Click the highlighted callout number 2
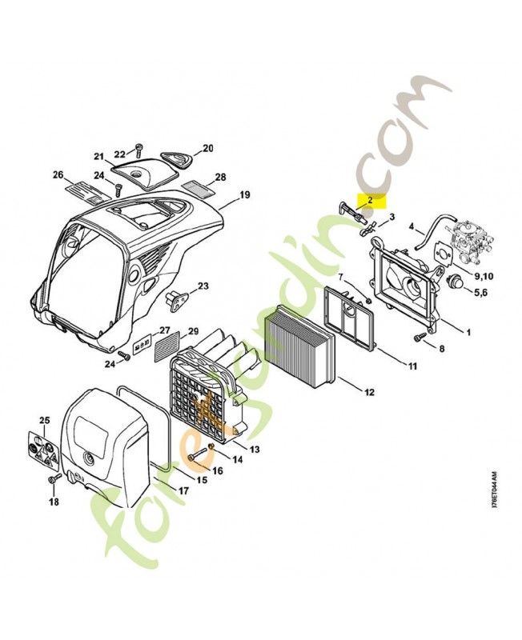pyautogui.click(x=370, y=200)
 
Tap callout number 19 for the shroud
pyautogui.click(x=244, y=194)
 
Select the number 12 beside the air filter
pyautogui.click(x=369, y=392)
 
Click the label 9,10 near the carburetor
pyautogui.click(x=484, y=276)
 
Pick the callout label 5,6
pyautogui.click(x=480, y=293)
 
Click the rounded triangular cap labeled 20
pyautogui.click(x=176, y=160)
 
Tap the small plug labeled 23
pyautogui.click(x=175, y=298)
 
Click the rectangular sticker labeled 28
pyautogui.click(x=198, y=187)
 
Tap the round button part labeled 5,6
pyautogui.click(x=456, y=282)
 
